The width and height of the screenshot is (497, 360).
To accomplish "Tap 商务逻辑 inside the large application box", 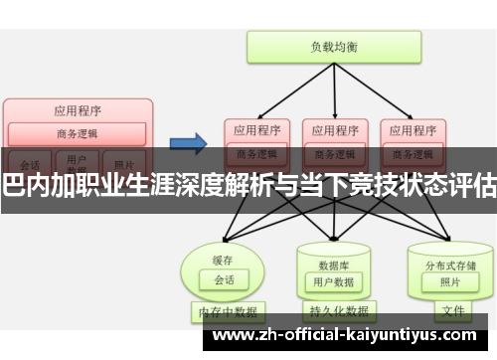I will (x=79, y=134).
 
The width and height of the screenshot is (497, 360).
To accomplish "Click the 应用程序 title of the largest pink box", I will (x=79, y=110).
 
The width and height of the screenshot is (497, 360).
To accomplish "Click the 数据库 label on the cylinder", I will (x=332, y=238).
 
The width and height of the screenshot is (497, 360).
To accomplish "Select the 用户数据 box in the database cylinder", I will (x=332, y=256).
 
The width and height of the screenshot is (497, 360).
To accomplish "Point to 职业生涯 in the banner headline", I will (x=108, y=182).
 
